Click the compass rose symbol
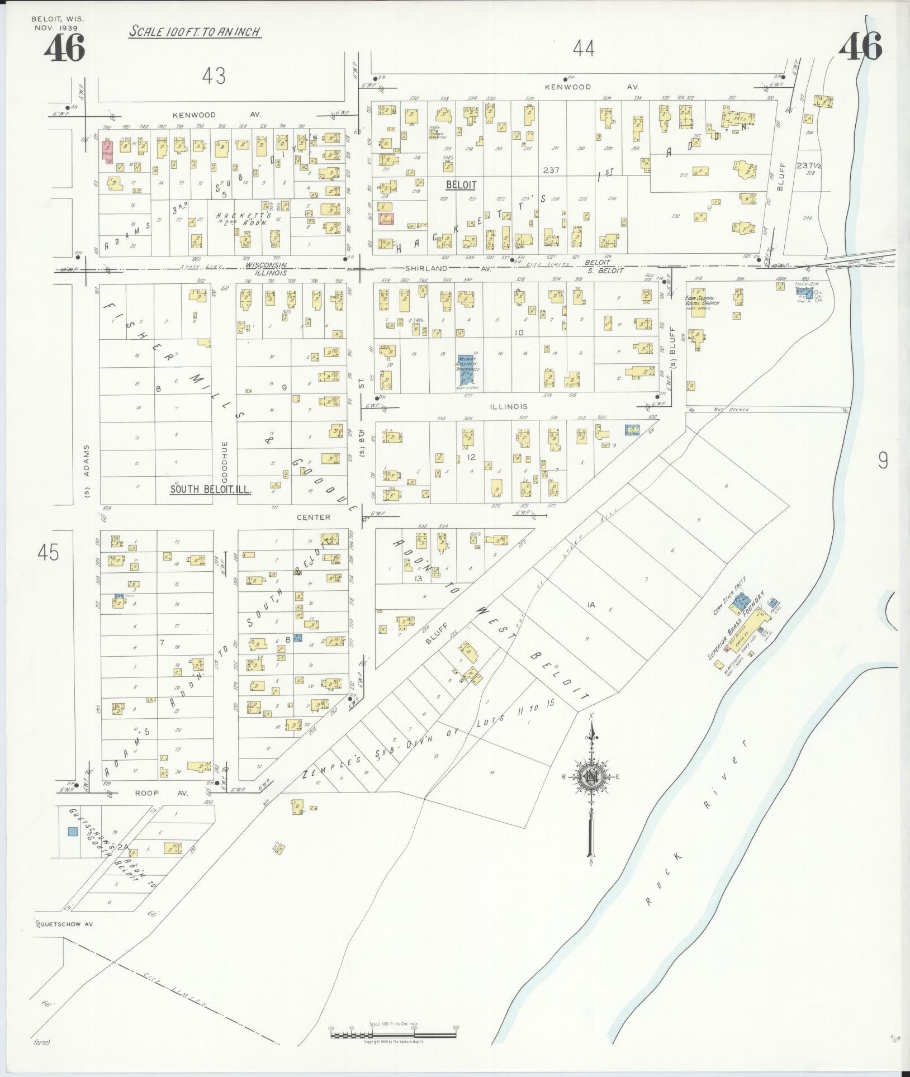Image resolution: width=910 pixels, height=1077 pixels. tap(590, 777)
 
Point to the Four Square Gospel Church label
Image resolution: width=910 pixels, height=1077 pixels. tap(703, 300)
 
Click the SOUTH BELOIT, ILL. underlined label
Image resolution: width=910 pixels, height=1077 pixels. tap(211, 490)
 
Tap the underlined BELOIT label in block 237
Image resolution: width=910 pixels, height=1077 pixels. tap(461, 184)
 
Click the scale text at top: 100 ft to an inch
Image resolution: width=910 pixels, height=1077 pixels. tap(195, 31)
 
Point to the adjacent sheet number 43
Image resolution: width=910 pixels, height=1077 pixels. tap(214, 75)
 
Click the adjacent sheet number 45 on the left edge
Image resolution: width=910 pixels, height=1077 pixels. tap(48, 553)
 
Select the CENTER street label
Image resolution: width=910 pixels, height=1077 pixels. tap(313, 517)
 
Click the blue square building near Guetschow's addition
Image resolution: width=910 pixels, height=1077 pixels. tap(72, 847)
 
